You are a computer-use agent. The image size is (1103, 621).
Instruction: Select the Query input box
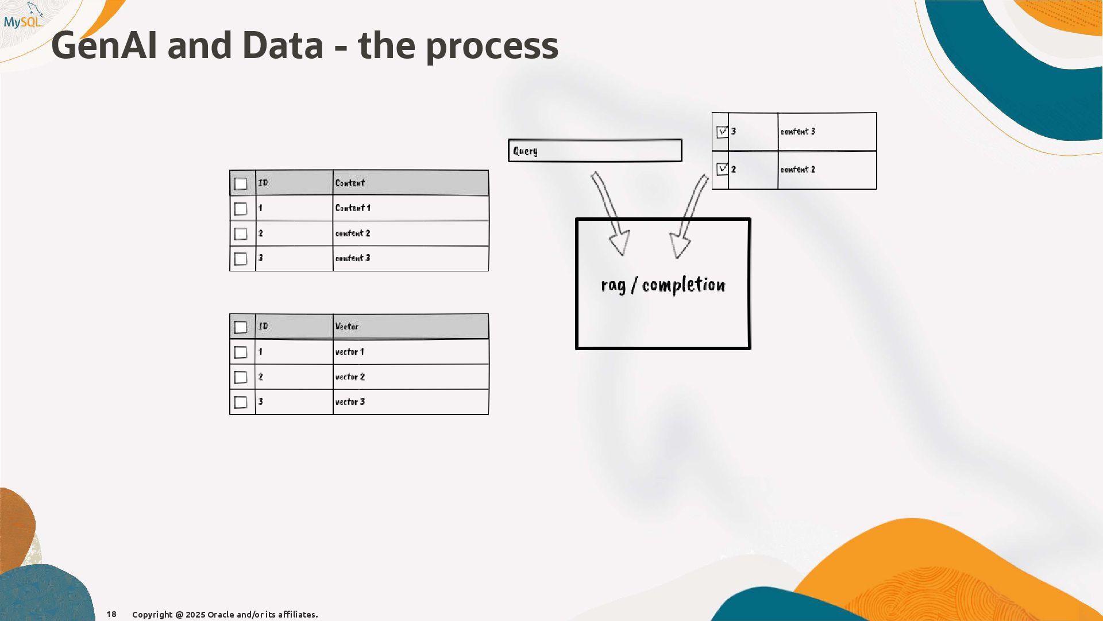tap(595, 151)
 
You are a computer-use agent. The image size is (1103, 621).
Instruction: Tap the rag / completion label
tap(663, 285)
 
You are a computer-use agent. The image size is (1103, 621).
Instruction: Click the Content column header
tap(350, 183)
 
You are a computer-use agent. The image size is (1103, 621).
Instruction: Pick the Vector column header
tap(347, 327)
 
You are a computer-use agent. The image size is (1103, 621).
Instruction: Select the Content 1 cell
tap(353, 208)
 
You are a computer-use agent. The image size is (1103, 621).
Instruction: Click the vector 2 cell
tap(350, 377)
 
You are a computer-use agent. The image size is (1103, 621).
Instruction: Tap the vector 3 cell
tap(350, 402)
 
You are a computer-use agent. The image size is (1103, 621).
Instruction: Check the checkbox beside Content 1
tap(241, 209)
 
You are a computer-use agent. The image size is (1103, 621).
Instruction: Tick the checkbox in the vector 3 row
tap(241, 402)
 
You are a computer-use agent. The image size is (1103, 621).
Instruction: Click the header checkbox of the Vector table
tap(241, 327)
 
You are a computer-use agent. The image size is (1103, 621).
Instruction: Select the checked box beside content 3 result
tap(722, 132)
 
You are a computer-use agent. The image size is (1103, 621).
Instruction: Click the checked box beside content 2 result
tap(722, 169)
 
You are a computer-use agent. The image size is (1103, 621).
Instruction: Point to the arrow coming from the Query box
tap(610, 213)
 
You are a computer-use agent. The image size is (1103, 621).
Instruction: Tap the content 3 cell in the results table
tap(798, 132)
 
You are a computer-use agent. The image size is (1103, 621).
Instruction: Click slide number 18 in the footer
tap(111, 614)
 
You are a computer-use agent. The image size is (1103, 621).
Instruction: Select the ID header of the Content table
tap(263, 183)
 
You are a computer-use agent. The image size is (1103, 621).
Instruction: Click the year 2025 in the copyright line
tap(195, 615)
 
